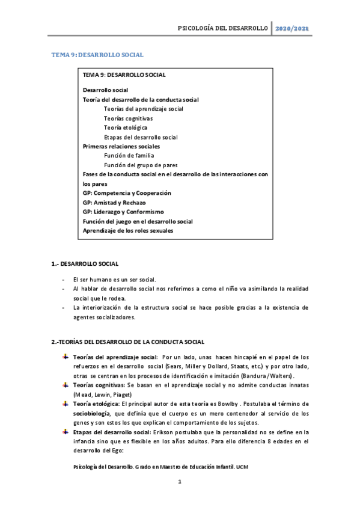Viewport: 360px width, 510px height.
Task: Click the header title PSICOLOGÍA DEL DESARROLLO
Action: [x=222, y=29]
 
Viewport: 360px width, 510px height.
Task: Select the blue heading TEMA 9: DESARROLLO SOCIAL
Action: [x=97, y=55]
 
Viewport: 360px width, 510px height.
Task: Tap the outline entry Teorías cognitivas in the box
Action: [x=127, y=118]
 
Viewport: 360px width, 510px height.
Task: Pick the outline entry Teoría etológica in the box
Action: [x=125, y=127]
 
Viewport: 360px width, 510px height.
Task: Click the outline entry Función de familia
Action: [x=129, y=156]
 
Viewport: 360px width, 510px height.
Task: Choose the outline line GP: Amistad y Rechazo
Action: [x=114, y=203]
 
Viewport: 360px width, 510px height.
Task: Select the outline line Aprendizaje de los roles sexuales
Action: [x=128, y=230]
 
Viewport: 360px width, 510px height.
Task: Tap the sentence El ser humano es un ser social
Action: [x=114, y=280]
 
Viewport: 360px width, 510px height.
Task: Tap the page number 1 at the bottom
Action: [x=180, y=482]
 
